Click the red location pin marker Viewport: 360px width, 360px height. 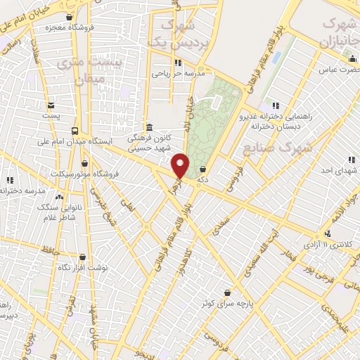181,167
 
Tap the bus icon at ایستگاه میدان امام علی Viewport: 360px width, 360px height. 75,131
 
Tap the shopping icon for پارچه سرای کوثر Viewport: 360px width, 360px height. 227,292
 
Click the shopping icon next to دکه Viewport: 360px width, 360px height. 203,169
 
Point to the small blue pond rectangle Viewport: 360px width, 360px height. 274,56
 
